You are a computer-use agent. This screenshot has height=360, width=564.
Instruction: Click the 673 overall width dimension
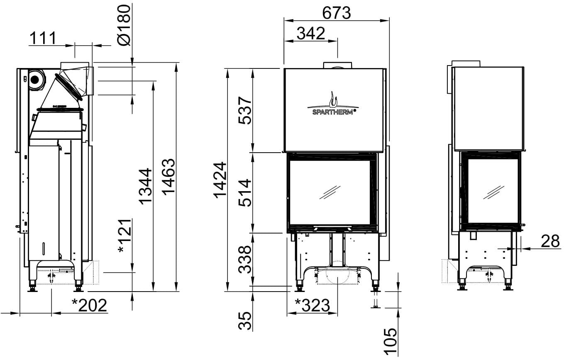(x=337, y=13)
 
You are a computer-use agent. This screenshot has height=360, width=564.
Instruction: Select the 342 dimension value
(x=311, y=33)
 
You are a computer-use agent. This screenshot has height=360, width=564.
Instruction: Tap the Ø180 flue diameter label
(x=124, y=25)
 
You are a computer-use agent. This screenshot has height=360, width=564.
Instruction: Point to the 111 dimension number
(x=43, y=38)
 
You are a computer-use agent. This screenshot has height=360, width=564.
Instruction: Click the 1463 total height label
(x=168, y=177)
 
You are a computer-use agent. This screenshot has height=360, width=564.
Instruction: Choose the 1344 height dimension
(x=146, y=186)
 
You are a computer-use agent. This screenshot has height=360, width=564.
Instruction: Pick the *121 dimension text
(x=125, y=236)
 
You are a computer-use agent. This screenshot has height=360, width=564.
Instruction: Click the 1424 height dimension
(x=220, y=180)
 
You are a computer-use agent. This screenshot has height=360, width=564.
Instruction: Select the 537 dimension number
(x=245, y=110)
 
